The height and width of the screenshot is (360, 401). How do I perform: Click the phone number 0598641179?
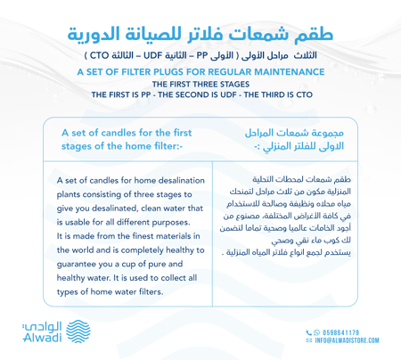pyautogui.click(x=361, y=331)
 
